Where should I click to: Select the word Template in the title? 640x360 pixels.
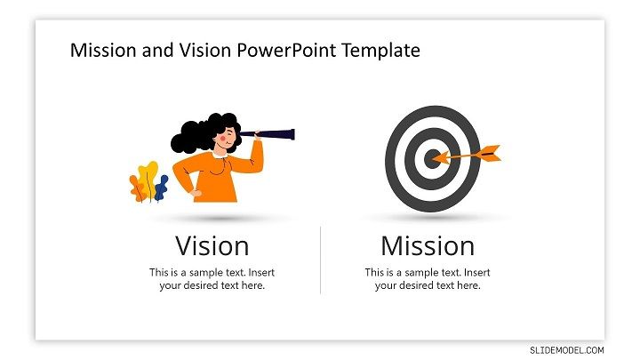point(381,50)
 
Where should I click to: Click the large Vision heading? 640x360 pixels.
point(212,246)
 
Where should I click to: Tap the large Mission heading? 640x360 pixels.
point(428,246)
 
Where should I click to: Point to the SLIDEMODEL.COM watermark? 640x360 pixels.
point(567,350)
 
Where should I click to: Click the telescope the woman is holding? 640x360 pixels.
point(268,134)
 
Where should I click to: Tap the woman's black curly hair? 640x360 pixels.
point(201,132)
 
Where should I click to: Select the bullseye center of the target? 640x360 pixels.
point(432,158)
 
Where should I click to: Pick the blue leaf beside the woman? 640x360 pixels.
point(162,188)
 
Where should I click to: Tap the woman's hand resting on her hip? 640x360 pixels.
point(196,194)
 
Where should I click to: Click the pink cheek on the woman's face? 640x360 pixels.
point(222,139)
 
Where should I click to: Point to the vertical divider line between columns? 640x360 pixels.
point(320,260)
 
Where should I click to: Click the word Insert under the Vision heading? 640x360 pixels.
point(261,272)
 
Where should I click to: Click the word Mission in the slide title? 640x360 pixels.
point(103,50)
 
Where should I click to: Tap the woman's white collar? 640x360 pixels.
point(220,155)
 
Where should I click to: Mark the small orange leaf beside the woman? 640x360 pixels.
point(137,188)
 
